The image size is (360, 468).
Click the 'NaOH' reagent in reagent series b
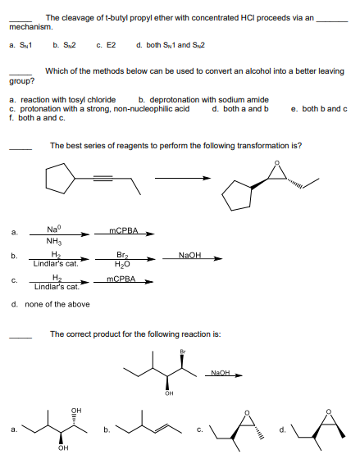(x=190, y=256)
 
